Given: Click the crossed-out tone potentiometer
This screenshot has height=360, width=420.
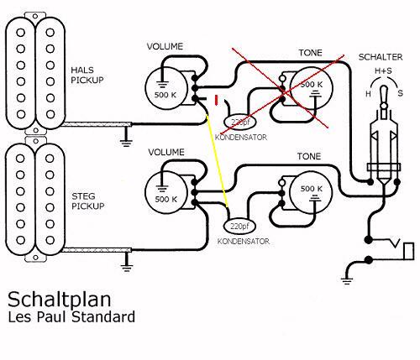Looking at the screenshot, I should point(310,86).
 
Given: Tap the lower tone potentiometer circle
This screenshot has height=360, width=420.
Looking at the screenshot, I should point(310,191).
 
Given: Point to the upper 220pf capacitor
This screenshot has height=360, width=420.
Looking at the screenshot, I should point(241,121).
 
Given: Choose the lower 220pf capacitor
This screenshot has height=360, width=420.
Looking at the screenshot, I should point(241,225).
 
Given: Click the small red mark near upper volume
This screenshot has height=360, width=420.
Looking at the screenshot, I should point(218,102).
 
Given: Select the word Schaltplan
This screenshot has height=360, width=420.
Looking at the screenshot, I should point(51,300).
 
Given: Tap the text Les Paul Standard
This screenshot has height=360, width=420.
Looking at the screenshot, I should point(71,318).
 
